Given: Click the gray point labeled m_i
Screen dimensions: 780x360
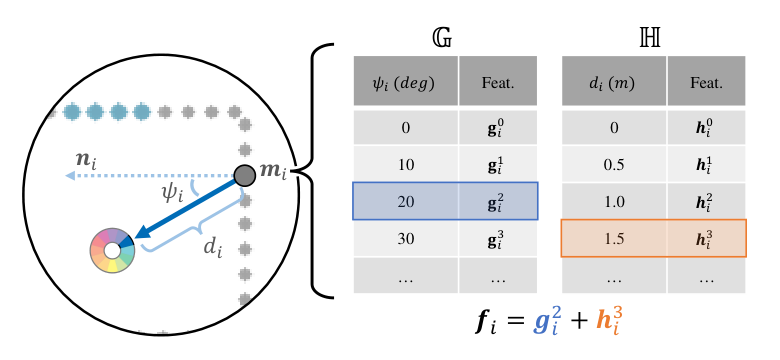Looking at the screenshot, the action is [245, 175].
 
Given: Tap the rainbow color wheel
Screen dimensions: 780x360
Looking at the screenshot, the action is [112, 251].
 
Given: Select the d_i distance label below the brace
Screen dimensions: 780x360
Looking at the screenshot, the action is [213, 247].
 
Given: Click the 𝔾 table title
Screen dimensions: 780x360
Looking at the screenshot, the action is [442, 39].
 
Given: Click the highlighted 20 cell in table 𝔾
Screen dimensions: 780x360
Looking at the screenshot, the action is [405, 201].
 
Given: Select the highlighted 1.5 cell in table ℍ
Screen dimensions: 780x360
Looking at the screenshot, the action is [614, 239].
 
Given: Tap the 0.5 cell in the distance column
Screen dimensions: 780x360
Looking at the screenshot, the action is [614, 165].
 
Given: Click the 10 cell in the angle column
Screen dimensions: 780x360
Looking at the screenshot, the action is [405, 165].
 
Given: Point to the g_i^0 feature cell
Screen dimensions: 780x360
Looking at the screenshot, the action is [498, 128].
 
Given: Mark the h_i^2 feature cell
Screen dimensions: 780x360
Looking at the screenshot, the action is [706, 201].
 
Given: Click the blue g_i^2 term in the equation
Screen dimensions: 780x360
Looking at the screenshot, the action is [548, 321].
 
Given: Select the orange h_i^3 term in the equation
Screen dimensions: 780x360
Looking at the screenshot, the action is [609, 321].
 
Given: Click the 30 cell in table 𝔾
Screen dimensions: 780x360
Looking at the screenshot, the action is [405, 239].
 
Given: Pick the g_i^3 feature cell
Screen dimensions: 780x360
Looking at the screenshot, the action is [498, 239].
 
